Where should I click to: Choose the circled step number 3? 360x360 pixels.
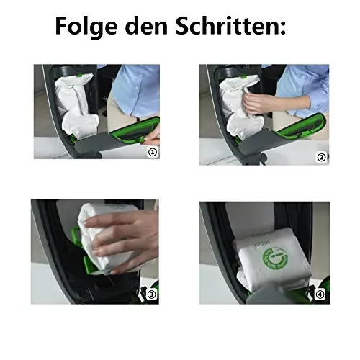tap(150, 294)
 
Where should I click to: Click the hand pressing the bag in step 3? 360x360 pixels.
tap(122, 241)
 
